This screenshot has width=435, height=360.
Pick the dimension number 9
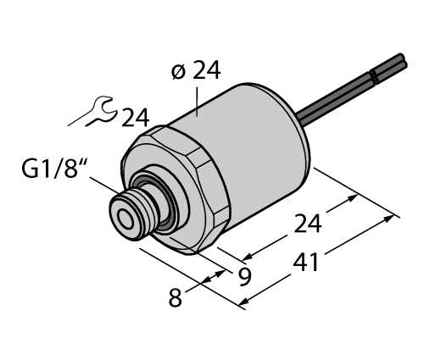click(x=246, y=276)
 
